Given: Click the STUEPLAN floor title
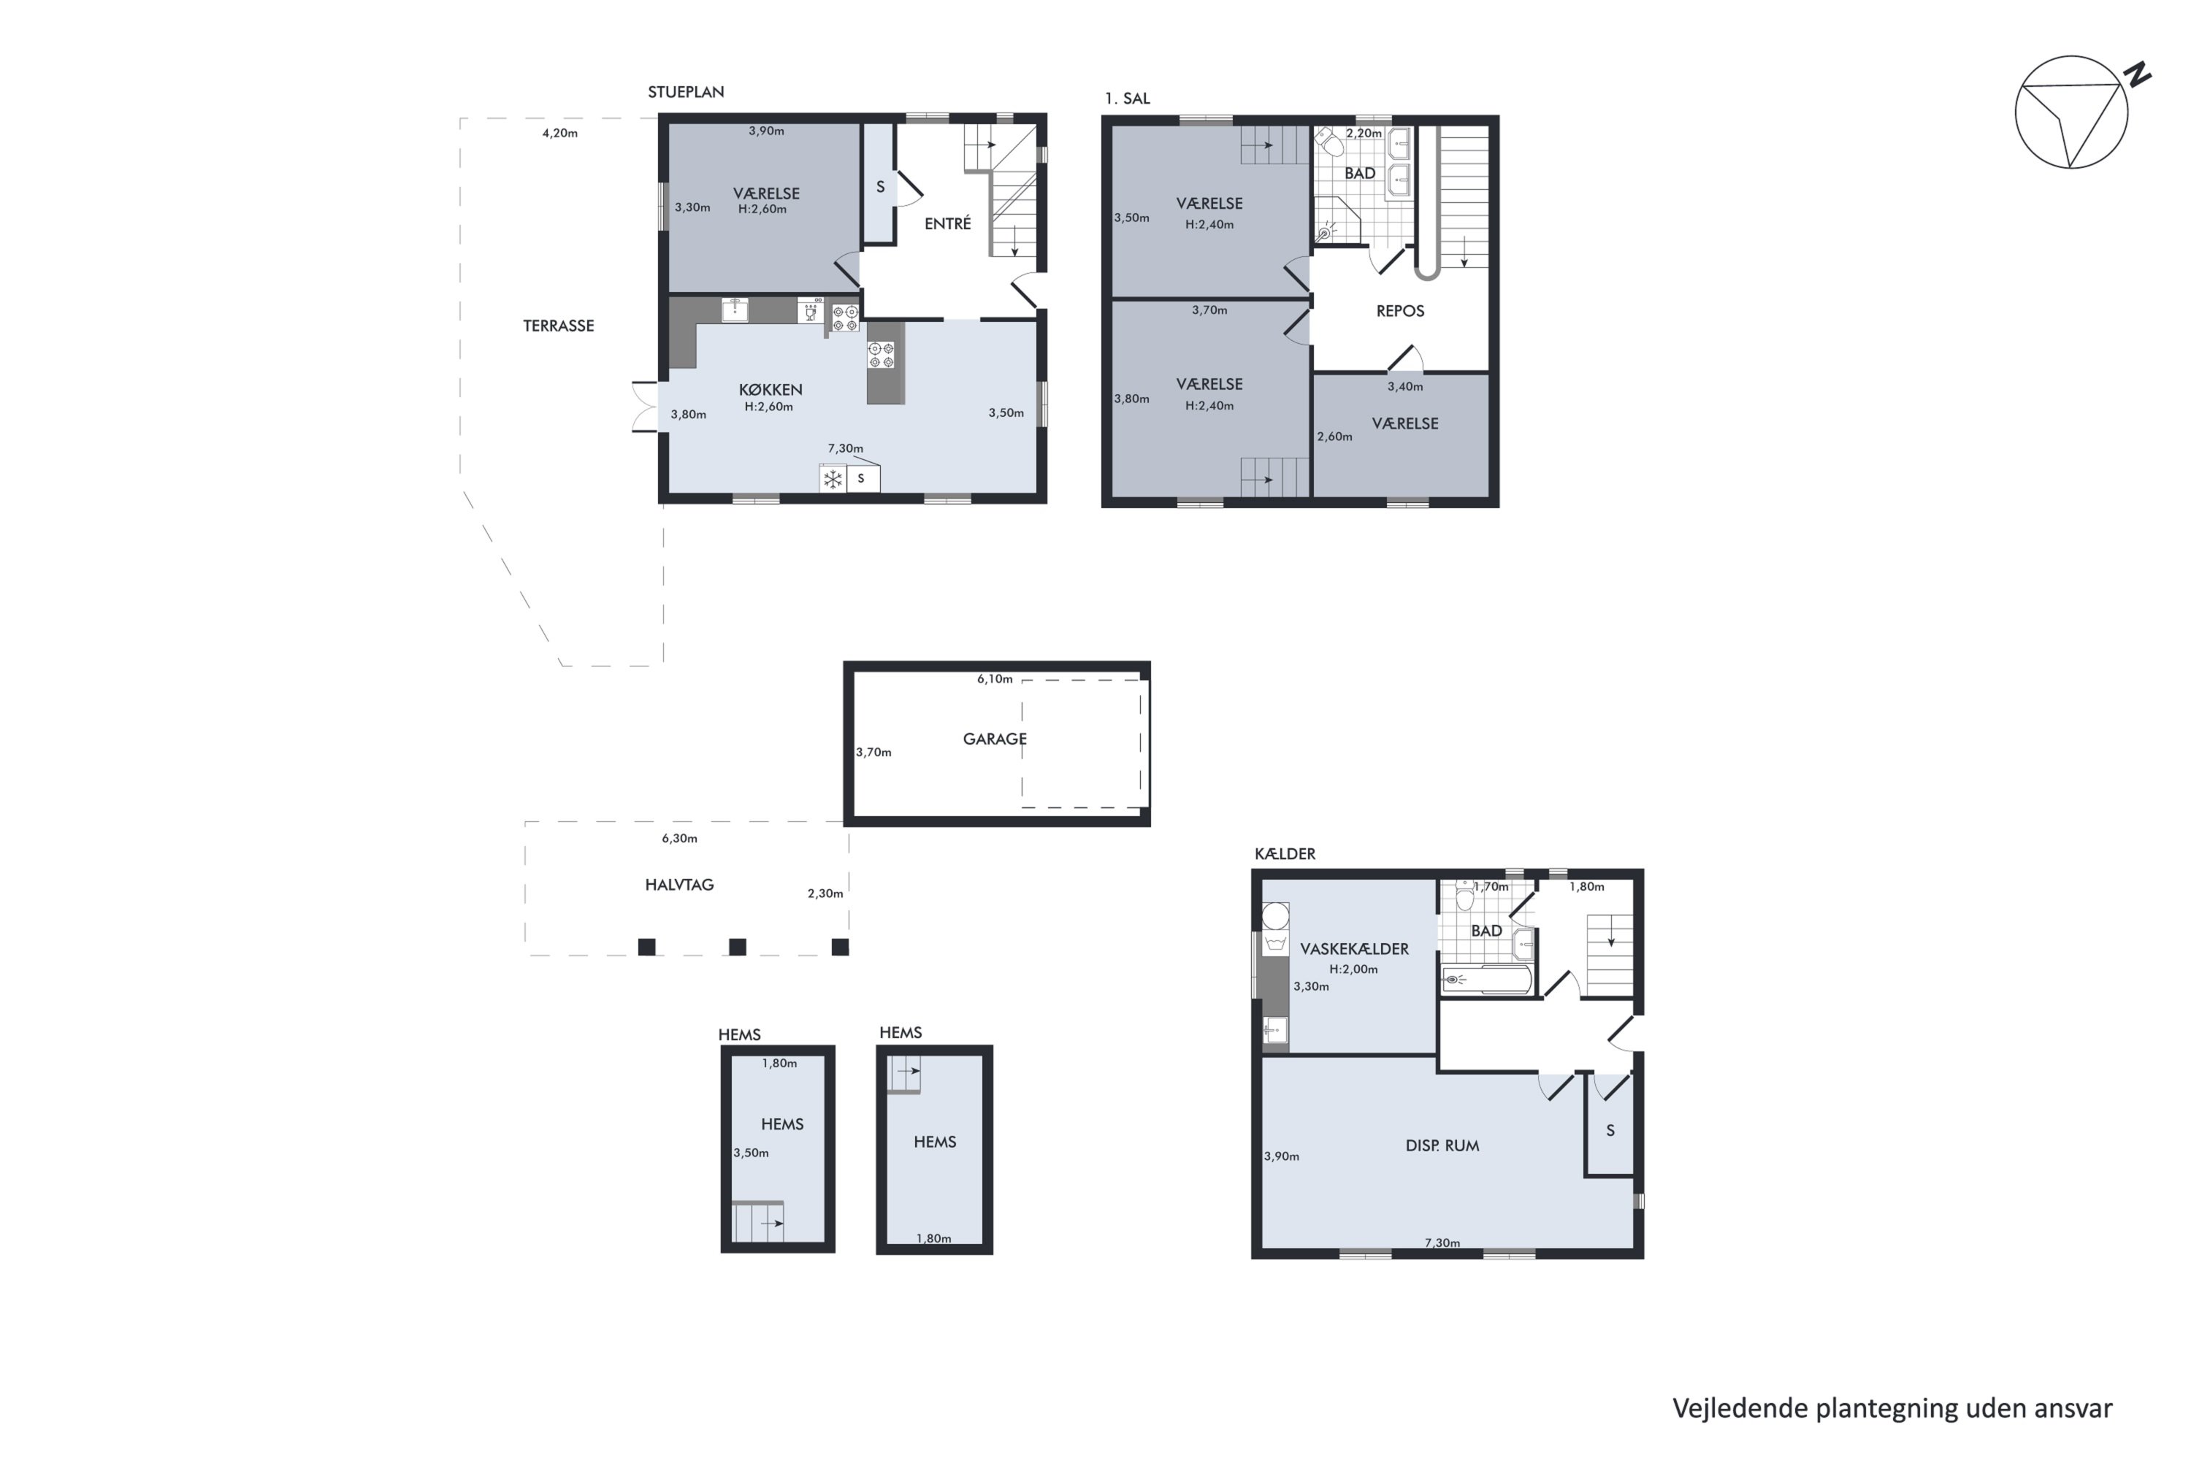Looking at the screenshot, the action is click(686, 92).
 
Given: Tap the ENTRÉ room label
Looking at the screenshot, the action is click(947, 223).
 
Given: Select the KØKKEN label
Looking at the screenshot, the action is click(771, 390).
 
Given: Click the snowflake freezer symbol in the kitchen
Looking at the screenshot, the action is click(832, 480).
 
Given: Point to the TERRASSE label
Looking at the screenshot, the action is click(558, 326).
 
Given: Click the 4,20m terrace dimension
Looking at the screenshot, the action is click(560, 133).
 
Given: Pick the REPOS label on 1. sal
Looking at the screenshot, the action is click(1400, 311).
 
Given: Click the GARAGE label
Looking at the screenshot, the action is click(995, 739).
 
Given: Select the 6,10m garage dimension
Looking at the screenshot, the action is click(995, 680).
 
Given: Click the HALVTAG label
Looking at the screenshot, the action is click(679, 885).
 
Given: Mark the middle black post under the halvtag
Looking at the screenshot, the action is click(738, 947).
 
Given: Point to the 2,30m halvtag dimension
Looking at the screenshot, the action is click(825, 894).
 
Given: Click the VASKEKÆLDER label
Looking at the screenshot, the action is click(1355, 949).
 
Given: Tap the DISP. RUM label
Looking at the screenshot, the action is click(1442, 1146).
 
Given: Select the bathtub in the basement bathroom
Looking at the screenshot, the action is click(1485, 980).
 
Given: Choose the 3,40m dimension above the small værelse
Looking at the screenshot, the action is click(1404, 386).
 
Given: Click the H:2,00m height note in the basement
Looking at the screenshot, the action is click(1353, 969).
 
